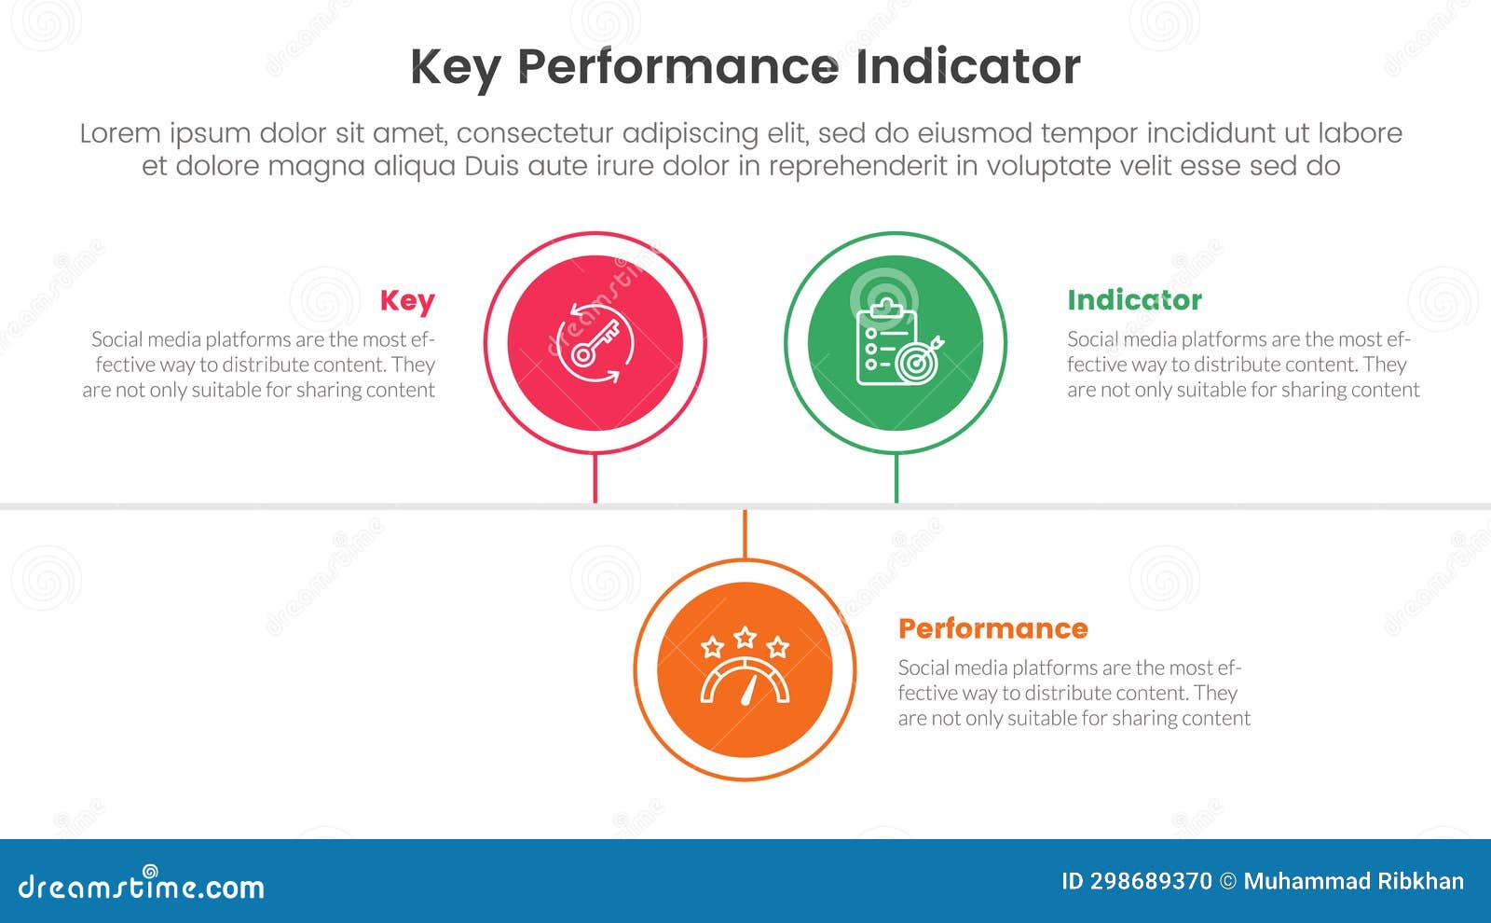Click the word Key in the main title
pos(454,68)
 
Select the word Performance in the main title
pos(677,68)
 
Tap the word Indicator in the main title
pos(967,66)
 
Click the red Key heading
pos(407,300)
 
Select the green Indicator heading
pos(1134,300)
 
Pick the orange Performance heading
pos(992,628)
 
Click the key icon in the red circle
pos(595,343)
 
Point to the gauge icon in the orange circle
pos(745,682)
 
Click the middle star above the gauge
pos(745,637)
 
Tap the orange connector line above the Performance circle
pos(745,534)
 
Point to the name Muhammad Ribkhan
pos(1353,882)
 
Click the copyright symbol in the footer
pos(1228,882)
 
